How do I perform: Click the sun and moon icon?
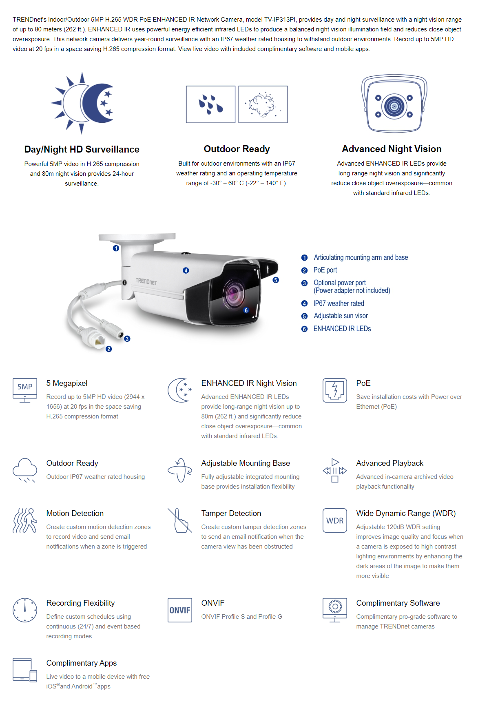click(82, 103)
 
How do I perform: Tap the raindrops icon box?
click(211, 104)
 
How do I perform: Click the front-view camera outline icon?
click(394, 104)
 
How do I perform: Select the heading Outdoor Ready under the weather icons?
click(237, 149)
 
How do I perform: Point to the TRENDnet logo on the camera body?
click(146, 281)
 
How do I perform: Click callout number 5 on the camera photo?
click(276, 280)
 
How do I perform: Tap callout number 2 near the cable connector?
click(108, 349)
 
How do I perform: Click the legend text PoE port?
click(325, 270)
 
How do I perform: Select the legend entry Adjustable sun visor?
click(341, 316)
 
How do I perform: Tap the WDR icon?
click(335, 520)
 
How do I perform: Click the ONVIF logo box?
click(180, 610)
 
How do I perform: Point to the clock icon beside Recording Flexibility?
click(25, 610)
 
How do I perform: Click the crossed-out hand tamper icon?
click(180, 520)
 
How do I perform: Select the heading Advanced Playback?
click(389, 463)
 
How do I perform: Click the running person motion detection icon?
click(25, 520)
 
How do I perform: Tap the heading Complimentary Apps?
click(82, 663)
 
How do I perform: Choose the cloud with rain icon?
click(25, 470)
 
